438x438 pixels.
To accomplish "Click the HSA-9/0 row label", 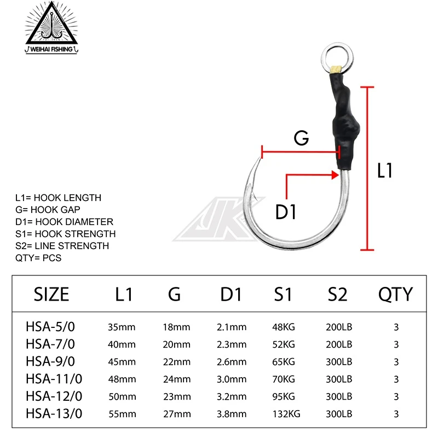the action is [50, 362].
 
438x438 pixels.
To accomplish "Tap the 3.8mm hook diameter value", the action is [232, 414].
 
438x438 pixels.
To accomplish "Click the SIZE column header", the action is [51, 295].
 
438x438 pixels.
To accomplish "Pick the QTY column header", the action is [395, 295].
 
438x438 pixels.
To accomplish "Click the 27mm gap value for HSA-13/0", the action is [176, 414].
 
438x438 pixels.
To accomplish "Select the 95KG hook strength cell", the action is [284, 396].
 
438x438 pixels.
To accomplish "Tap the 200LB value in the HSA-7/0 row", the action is [338, 345].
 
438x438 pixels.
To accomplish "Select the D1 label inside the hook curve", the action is [285, 211].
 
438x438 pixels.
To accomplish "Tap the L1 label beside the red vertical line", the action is [385, 171].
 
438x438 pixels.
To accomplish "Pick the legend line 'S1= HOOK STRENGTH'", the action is [66, 234].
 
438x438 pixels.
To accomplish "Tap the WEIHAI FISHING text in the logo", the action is [53, 48].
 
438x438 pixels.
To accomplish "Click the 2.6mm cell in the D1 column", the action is [232, 362].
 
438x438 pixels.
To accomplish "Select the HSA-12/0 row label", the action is [52, 396].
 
